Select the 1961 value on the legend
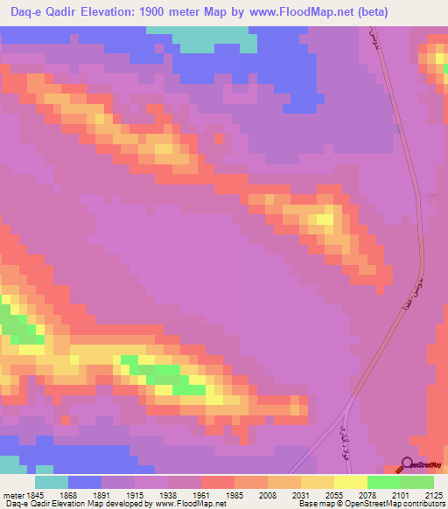click(x=200, y=494)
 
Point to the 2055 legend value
click(x=333, y=494)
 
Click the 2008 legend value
click(x=267, y=494)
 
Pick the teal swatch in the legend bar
click(x=51, y=482)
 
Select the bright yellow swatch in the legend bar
click(x=350, y=482)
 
